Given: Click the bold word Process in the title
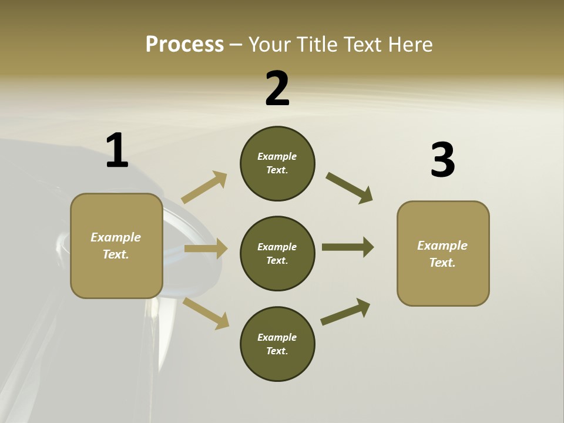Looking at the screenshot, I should coord(184,45).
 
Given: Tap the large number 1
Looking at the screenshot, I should coord(117,151).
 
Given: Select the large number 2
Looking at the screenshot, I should coord(277,89).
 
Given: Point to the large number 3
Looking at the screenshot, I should coord(442,160).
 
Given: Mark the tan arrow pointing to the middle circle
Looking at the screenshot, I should coord(206,249).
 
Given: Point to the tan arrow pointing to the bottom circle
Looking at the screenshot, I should coord(206,313).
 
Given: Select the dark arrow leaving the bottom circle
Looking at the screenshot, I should coord(345,311).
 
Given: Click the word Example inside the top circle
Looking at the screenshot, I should coord(277,156).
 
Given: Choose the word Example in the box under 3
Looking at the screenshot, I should coord(442,246).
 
